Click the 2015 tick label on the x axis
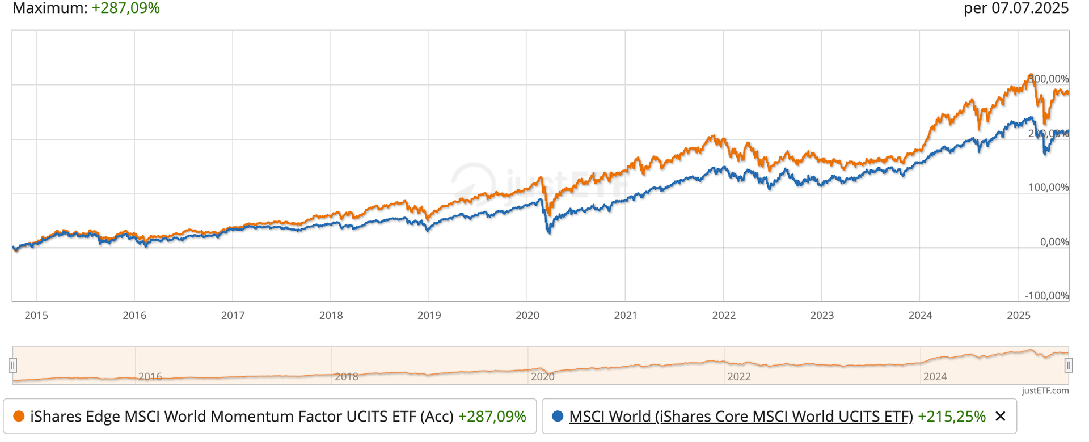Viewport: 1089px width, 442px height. [36, 316]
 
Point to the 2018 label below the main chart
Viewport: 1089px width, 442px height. [331, 316]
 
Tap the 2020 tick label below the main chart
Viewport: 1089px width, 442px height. [527, 316]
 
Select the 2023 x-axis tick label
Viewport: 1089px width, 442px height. [822, 316]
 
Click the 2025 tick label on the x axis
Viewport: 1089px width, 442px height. [1018, 316]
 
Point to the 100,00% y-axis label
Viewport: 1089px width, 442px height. [1048, 188]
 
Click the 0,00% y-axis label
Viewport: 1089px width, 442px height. [1054, 242]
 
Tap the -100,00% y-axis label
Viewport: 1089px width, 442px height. [1046, 296]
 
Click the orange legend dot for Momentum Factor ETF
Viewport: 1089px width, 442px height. [19, 416]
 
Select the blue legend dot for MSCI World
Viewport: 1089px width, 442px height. [558, 416]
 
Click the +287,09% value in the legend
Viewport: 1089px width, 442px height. [492, 416]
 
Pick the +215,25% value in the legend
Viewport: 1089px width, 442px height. [951, 416]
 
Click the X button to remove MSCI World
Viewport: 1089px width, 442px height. [1001, 416]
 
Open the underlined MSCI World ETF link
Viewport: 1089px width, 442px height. [741, 416]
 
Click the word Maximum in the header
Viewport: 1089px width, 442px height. [48, 8]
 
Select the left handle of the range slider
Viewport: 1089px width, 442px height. [12, 365]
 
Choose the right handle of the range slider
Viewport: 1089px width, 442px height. [1069, 365]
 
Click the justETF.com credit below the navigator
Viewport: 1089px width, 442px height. [1045, 390]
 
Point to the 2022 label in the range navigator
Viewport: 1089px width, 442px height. [738, 377]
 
